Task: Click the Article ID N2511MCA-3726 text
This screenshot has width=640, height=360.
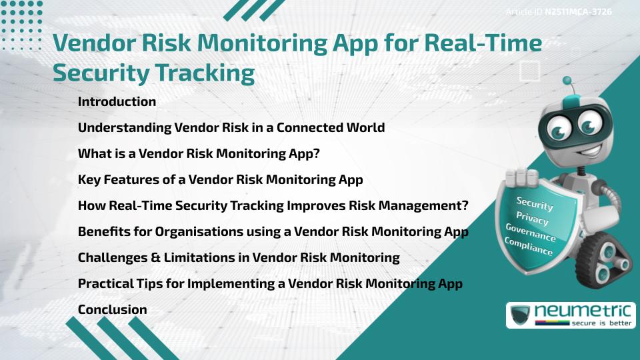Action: [559, 12]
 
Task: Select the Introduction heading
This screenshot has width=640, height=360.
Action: [117, 102]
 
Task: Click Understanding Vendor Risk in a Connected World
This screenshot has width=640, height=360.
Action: [231, 127]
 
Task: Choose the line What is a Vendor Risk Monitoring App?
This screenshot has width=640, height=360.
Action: [199, 153]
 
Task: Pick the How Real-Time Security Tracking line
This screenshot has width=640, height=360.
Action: [273, 205]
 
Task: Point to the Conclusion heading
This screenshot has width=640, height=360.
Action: [112, 309]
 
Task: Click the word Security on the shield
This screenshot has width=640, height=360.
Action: [534, 203]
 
